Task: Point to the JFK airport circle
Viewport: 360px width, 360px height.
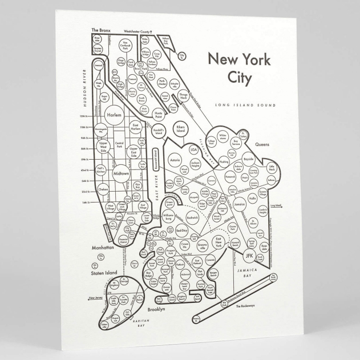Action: click(249, 256)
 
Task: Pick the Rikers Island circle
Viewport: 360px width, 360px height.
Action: click(181, 128)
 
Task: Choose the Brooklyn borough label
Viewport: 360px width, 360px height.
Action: click(156, 309)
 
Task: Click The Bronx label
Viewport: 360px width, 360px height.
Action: click(99, 29)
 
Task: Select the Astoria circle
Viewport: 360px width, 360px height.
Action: click(174, 161)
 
